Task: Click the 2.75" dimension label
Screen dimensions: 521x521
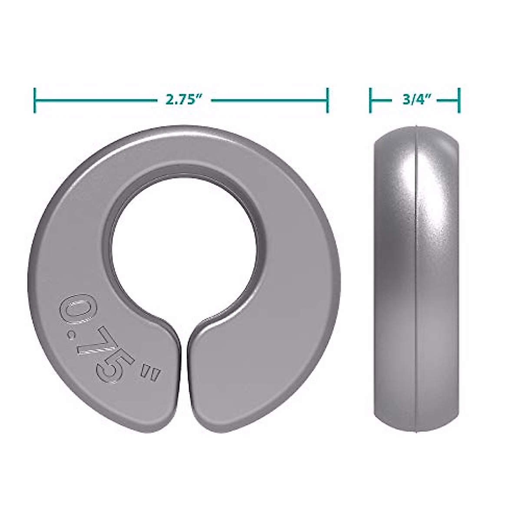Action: click(184, 100)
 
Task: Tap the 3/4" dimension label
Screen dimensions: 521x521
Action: click(416, 100)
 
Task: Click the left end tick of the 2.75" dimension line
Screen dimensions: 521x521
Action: click(35, 100)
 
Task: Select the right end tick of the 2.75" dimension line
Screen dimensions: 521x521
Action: click(327, 100)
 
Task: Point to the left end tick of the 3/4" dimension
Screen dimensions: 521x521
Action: click(370, 100)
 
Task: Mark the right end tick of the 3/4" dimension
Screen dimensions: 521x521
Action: click(459, 100)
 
